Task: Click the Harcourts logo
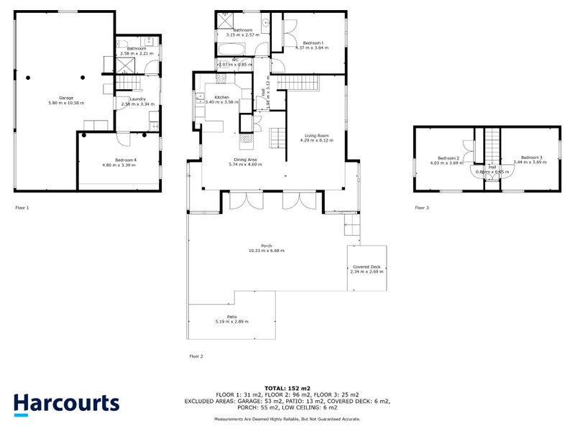(x=66, y=404)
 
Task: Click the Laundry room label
(x=138, y=99)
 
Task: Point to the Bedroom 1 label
(x=310, y=42)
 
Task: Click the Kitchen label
(x=221, y=97)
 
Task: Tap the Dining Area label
(x=245, y=159)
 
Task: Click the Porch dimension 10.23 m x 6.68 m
(x=266, y=251)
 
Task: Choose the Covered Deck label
(x=367, y=267)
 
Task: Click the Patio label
(x=231, y=316)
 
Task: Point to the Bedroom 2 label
(x=448, y=157)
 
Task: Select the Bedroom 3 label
(x=530, y=157)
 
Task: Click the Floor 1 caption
(x=22, y=208)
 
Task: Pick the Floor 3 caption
(x=422, y=208)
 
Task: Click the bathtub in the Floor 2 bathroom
(x=231, y=50)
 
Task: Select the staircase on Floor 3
(x=491, y=147)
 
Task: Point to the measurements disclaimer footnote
(x=287, y=419)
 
